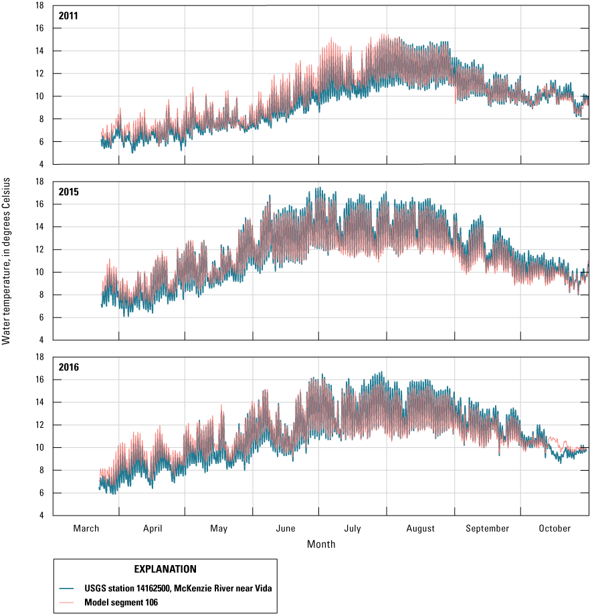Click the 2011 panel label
point(68,15)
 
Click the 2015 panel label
point(68,191)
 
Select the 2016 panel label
point(68,367)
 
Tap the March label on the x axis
point(86,528)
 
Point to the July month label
point(353,528)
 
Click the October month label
point(555,528)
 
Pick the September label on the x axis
point(487,528)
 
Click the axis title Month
point(321,544)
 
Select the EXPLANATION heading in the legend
point(165,569)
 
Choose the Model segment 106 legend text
point(118,601)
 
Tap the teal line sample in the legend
point(70,588)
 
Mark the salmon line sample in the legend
point(70,601)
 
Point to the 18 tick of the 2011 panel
point(39,5)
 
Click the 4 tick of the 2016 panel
point(41,516)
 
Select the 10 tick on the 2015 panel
point(39,272)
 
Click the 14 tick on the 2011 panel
point(39,51)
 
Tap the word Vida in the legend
point(262,588)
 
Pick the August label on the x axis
point(420,528)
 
